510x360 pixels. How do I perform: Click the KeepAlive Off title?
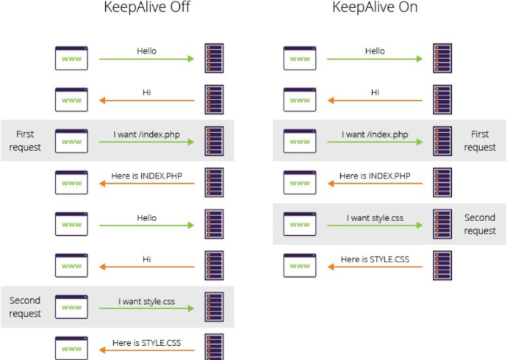[x=147, y=7]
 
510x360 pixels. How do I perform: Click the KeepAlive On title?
[x=375, y=7]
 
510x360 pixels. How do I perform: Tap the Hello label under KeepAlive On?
[x=375, y=51]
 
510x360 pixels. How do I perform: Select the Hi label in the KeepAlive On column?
[x=375, y=93]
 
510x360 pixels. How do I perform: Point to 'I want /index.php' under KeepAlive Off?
[x=147, y=134]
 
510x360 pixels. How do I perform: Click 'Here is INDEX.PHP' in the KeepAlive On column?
[x=375, y=176]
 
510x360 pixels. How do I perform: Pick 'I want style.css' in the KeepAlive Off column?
[x=147, y=301]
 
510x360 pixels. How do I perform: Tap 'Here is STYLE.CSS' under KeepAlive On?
[x=375, y=259]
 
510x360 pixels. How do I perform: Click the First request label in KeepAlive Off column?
[x=25, y=140]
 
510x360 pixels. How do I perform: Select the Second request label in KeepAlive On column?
[x=480, y=224]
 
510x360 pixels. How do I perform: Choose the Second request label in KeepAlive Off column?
[x=25, y=307]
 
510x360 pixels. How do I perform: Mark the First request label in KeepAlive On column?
[x=480, y=140]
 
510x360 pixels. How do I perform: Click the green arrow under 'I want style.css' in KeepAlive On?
[x=375, y=225]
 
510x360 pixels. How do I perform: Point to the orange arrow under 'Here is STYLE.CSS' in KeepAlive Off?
[x=147, y=350]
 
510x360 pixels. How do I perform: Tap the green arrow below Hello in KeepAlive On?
[x=375, y=59]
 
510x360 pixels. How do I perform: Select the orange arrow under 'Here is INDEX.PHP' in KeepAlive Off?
[x=147, y=184]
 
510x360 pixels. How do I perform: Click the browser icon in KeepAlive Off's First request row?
[x=71, y=141]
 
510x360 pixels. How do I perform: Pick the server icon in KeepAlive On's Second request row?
[x=442, y=224]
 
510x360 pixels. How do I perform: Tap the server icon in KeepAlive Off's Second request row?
[x=214, y=307]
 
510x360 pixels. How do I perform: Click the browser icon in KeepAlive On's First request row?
[x=300, y=141]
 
